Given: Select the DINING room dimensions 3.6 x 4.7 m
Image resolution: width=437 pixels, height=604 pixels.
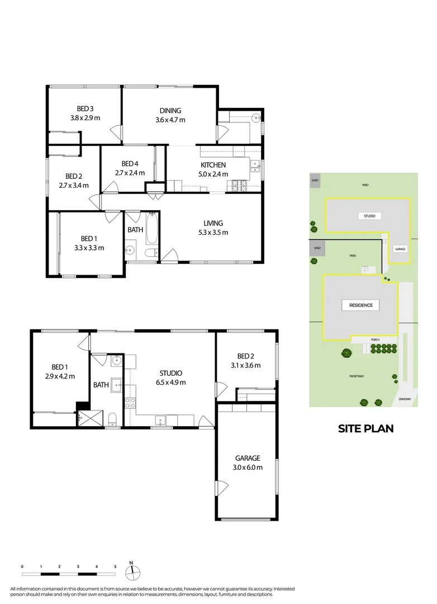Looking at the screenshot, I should pos(170,120).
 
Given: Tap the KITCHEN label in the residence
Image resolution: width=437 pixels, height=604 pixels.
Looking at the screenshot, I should pos(213,165).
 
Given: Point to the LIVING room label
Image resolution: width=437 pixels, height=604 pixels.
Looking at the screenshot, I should pos(213,223).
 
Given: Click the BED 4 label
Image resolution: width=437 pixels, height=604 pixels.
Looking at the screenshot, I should pos(130,163).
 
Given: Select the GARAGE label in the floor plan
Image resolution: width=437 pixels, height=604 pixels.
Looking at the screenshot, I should pos(247,458).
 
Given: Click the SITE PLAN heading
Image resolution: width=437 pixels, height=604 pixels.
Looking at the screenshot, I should pos(365,429).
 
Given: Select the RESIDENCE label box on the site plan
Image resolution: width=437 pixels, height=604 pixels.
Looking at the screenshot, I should pos(360,305).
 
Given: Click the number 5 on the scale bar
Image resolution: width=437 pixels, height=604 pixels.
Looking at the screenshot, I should pos(115,566).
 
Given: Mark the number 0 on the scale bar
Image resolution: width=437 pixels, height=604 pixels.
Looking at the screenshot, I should pos(22,566).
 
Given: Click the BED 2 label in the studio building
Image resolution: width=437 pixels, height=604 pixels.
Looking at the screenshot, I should pos(246,356).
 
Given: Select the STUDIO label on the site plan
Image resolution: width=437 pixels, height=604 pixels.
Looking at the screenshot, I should pos(366,215).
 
